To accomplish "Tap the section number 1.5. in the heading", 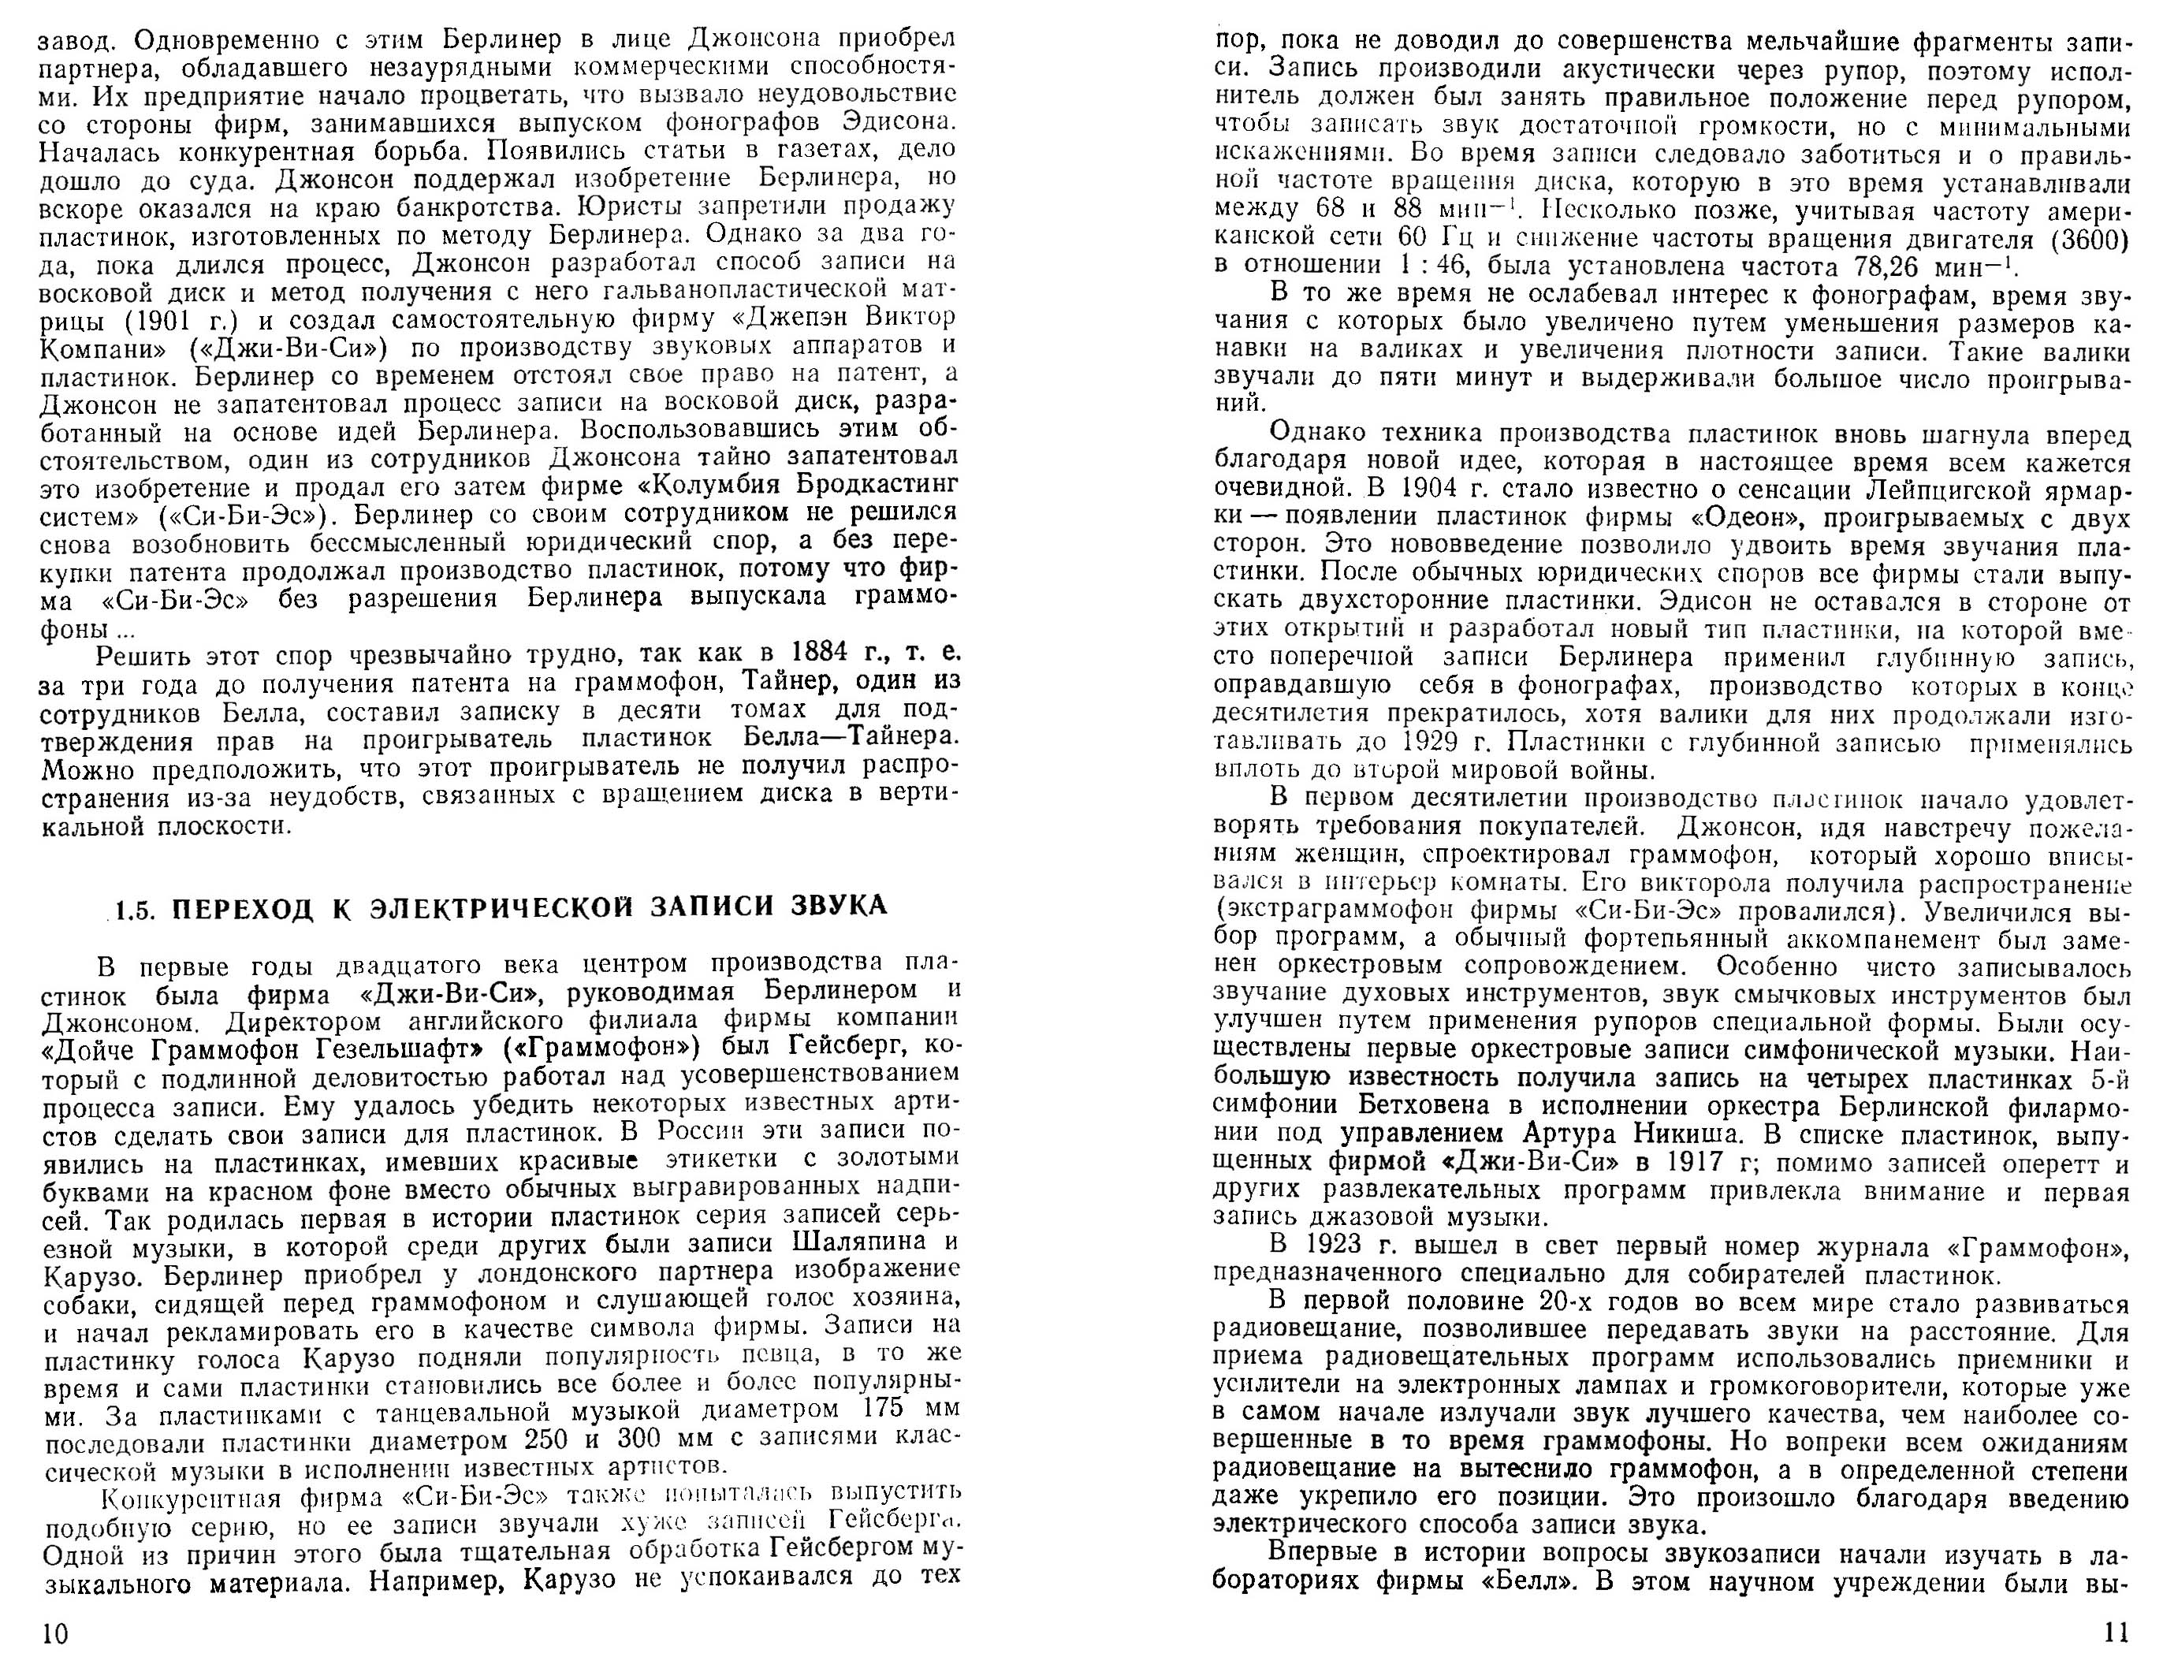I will (x=135, y=908).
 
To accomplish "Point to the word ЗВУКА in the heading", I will (x=839, y=907).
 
